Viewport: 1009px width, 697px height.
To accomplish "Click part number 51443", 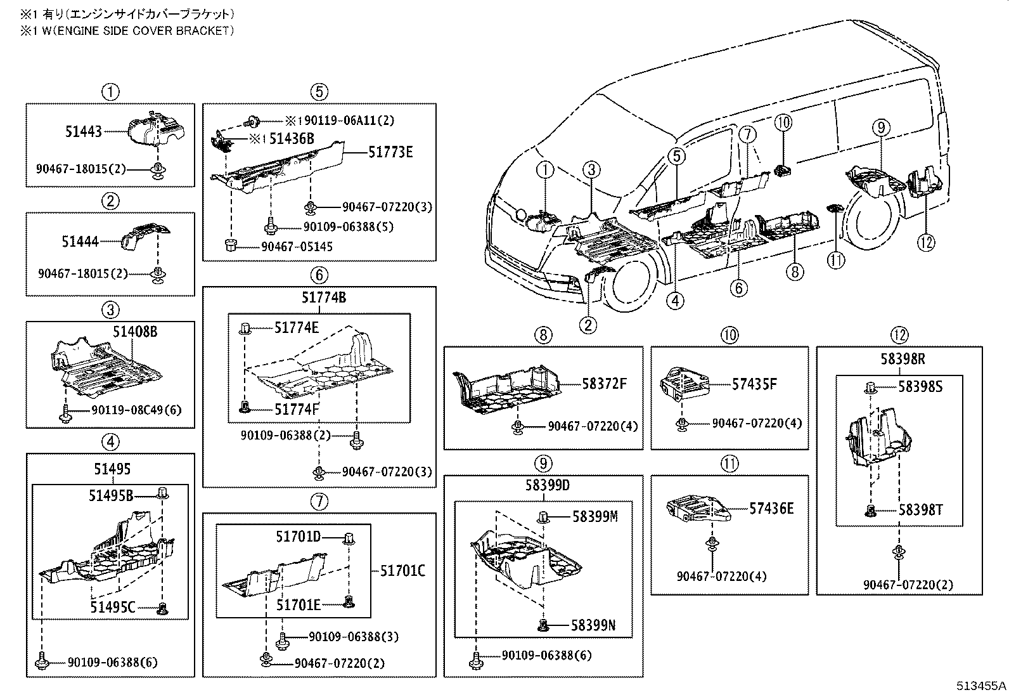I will (83, 132).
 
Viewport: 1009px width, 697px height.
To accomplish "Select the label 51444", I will (80, 241).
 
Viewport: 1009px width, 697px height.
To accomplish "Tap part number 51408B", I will (135, 330).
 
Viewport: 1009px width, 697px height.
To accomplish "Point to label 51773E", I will (390, 152).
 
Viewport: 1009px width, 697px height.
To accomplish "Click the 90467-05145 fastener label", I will (296, 247).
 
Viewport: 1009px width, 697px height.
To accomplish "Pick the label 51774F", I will (296, 409).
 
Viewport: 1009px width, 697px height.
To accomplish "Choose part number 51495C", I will (112, 608).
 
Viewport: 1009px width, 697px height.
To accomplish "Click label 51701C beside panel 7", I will (402, 571).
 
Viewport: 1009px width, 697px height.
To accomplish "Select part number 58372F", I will (604, 383).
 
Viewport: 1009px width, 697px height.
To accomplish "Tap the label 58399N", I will (593, 626).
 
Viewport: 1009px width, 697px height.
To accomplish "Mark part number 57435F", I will (754, 384).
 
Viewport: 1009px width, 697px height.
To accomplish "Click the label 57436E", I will (771, 508).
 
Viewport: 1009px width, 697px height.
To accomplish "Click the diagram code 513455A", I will (980, 686).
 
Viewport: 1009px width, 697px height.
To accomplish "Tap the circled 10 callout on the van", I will (783, 123).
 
